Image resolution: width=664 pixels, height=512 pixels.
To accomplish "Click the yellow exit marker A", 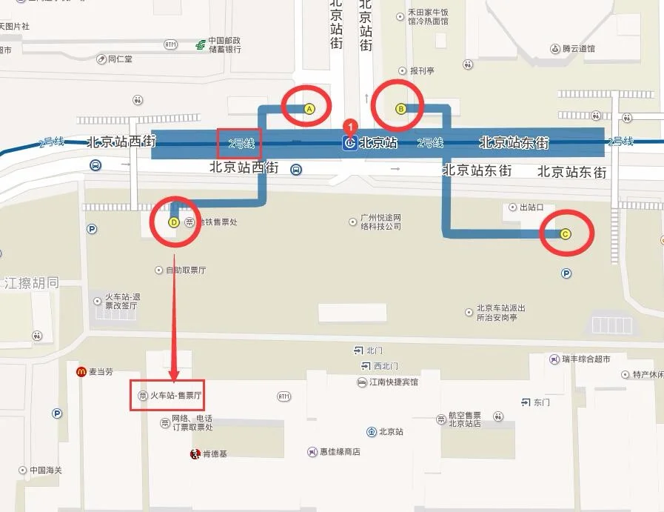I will (309, 110).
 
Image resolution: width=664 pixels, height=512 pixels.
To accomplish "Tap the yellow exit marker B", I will (400, 109).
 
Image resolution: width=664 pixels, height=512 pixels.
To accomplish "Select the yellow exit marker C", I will (566, 234).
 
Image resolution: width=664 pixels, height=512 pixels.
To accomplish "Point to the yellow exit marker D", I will (174, 222).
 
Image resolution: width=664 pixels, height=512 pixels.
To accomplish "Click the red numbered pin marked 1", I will (352, 127).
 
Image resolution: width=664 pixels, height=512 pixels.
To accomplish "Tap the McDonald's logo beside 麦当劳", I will (81, 371).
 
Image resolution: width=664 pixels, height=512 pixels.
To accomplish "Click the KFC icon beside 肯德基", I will (195, 453).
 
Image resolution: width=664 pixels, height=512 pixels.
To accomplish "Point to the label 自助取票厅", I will (185, 270).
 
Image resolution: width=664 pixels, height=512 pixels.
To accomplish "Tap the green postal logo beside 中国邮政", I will (200, 45).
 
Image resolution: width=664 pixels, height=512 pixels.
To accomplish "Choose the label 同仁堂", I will (120, 59).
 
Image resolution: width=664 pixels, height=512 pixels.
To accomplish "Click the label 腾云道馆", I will (578, 49).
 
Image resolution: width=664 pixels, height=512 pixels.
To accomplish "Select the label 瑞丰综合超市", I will (586, 359).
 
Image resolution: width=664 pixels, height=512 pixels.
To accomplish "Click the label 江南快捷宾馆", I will (393, 382).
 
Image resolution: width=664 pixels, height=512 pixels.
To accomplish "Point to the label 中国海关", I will (48, 471).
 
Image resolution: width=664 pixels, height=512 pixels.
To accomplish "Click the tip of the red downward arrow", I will (175, 379).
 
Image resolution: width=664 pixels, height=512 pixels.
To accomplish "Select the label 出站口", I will (532, 207).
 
